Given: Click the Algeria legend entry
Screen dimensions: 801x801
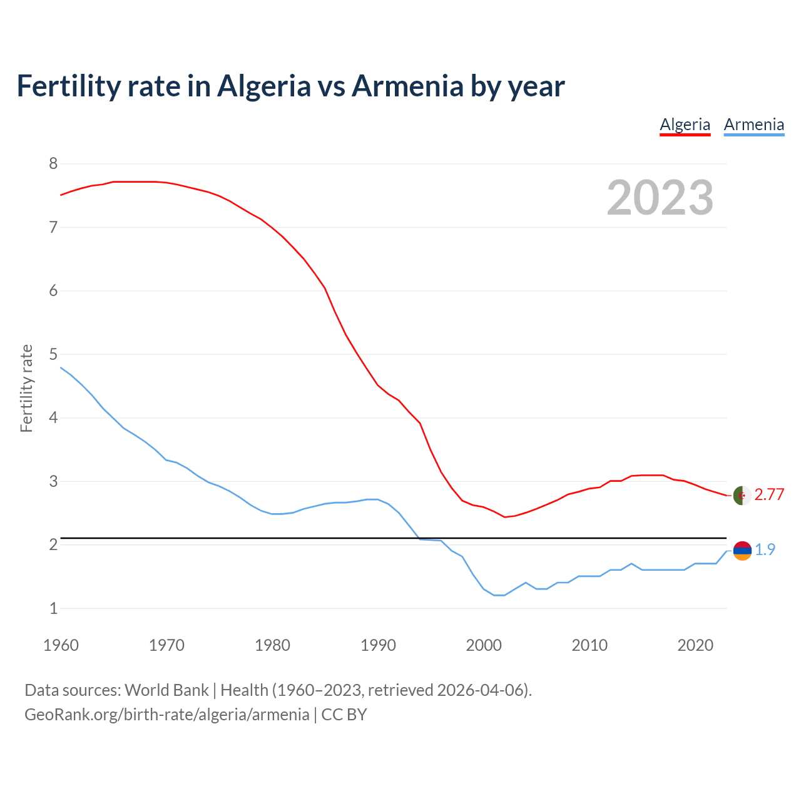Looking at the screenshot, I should coord(685,125).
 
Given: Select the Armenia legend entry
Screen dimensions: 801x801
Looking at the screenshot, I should coord(753,125).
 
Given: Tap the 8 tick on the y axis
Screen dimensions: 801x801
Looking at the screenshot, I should coord(53,164).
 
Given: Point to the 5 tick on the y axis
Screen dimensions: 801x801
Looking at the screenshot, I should coord(53,354).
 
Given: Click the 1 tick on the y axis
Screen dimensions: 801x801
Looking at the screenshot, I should coord(53,608).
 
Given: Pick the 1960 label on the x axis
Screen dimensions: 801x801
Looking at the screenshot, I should coord(61,645).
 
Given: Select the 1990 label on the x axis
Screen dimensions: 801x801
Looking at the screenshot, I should coord(378,645).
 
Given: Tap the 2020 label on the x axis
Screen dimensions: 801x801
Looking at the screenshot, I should coord(695,645).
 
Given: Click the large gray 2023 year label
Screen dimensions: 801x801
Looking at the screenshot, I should coord(660,198).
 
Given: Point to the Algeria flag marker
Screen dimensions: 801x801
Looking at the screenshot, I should coord(742,495).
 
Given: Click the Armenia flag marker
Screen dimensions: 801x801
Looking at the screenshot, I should coord(742,551).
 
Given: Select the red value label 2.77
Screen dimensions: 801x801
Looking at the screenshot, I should coord(769,495).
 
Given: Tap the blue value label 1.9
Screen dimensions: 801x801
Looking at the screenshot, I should coord(765,550).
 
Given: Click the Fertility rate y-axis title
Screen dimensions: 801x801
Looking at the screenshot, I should coord(26,388).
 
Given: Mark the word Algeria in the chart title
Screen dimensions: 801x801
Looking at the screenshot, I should coord(263,86).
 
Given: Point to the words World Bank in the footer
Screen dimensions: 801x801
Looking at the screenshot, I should coord(166,690).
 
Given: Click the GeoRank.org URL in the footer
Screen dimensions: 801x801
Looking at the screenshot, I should coord(166,715).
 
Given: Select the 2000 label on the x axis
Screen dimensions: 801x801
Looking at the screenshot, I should coord(484,645).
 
